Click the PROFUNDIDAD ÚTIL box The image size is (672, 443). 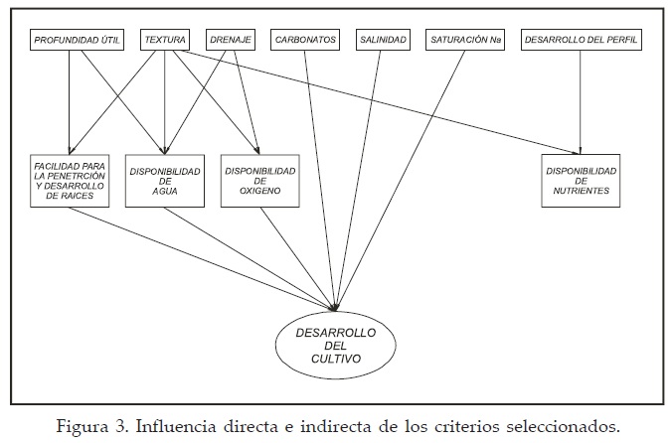[x=78, y=41]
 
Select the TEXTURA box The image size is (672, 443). [x=165, y=41]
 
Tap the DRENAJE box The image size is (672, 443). [x=230, y=41]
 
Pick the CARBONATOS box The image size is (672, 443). [x=304, y=41]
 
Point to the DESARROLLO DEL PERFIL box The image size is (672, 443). [x=581, y=41]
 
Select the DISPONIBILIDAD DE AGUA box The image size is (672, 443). [x=165, y=180]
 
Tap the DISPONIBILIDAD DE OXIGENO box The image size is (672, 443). [x=259, y=180]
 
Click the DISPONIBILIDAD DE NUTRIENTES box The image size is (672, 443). [x=581, y=180]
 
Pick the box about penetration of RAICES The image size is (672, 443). [x=69, y=180]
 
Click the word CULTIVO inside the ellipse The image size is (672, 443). [x=336, y=360]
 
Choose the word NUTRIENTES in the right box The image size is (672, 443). [x=581, y=191]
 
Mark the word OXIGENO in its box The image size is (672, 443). [x=259, y=191]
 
